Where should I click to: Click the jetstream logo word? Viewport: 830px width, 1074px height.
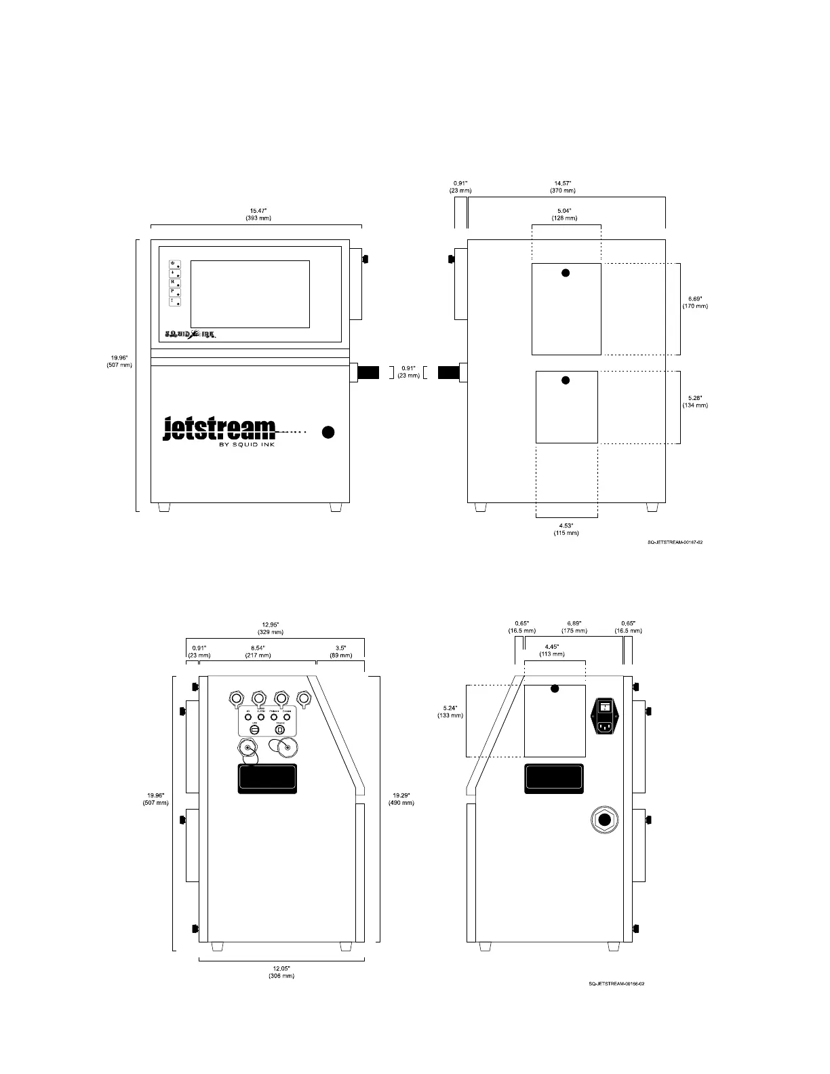click(220, 429)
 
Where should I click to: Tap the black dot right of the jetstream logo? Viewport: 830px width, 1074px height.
click(328, 432)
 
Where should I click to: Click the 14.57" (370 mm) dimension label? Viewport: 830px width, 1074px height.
click(564, 186)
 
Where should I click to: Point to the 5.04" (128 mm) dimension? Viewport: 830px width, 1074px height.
click(564, 214)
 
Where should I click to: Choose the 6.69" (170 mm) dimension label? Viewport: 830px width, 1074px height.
click(695, 302)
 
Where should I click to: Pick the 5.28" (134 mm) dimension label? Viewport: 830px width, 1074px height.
click(695, 401)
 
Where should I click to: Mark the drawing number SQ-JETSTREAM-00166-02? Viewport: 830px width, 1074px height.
click(616, 984)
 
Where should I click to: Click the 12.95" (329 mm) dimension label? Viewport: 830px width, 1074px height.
click(271, 628)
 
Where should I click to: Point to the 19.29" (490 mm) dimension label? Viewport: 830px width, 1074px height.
click(401, 799)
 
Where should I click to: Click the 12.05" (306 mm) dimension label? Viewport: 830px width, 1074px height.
click(281, 972)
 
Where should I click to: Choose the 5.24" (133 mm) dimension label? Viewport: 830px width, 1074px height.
click(450, 711)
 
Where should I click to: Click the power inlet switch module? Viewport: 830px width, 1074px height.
click(608, 717)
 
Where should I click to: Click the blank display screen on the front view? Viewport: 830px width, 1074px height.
click(250, 294)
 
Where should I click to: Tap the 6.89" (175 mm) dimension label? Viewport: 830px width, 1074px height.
click(574, 626)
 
